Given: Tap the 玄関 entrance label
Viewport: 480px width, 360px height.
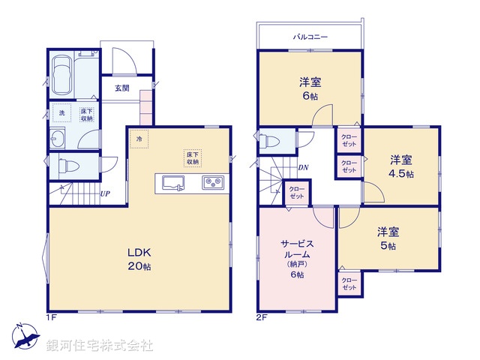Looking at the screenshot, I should coord(121,88).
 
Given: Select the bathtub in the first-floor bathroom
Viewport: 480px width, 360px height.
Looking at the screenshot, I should coord(64,75).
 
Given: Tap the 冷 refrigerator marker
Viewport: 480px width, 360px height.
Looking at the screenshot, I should coord(139,138).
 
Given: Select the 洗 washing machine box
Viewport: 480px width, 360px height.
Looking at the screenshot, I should coord(63,113).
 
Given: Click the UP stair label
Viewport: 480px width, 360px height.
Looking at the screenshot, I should coord(106,193).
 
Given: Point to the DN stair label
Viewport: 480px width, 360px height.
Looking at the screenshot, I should coord(303,167).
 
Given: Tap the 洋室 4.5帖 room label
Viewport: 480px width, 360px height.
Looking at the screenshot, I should coord(401,166).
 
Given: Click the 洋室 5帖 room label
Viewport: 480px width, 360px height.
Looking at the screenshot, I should coord(387,238).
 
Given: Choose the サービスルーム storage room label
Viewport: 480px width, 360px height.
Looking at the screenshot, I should coord(296,259).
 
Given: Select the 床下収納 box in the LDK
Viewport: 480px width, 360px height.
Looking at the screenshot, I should coord(193,157).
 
